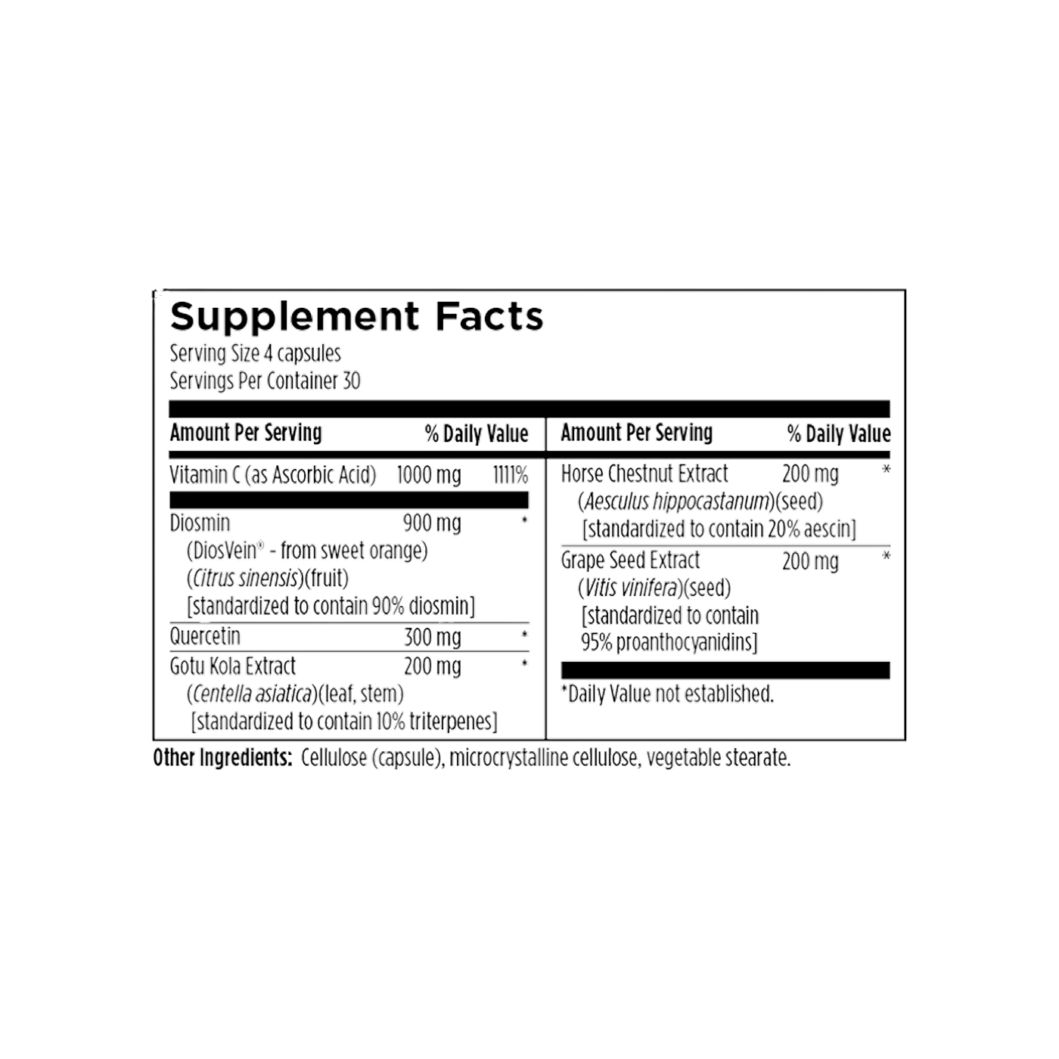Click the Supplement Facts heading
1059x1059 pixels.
click(x=356, y=318)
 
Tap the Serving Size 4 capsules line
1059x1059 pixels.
click(x=255, y=353)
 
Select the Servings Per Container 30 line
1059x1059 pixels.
click(x=265, y=380)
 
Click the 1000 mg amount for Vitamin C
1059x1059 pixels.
click(x=429, y=475)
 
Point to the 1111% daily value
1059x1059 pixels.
click(x=510, y=475)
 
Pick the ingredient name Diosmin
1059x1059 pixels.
click(x=200, y=523)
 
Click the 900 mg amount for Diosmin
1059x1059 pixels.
click(x=432, y=523)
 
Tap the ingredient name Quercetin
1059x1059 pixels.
click(x=205, y=636)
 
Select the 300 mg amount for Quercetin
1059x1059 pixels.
click(x=433, y=638)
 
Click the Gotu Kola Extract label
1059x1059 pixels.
click(x=232, y=666)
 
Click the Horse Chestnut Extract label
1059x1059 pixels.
click(x=644, y=474)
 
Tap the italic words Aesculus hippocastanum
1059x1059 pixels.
click(x=676, y=502)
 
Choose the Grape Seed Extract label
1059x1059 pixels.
click(x=630, y=561)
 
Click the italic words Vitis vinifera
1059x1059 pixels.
click(x=630, y=588)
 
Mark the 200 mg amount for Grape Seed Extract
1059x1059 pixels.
click(x=810, y=562)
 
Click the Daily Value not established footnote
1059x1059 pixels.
click(x=667, y=694)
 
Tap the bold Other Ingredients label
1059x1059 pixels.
click(x=222, y=758)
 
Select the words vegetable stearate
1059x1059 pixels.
click(x=719, y=759)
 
